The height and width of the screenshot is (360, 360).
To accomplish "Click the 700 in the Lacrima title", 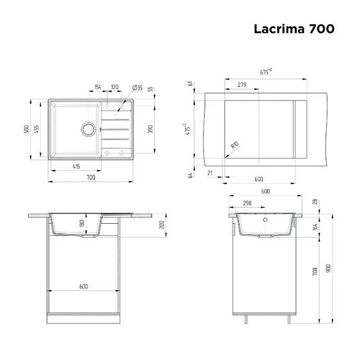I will tap(322, 29).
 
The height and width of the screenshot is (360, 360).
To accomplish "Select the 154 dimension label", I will tap(98, 87).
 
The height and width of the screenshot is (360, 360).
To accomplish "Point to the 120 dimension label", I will tap(115, 87).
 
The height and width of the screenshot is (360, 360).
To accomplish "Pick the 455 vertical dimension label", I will tap(36, 128).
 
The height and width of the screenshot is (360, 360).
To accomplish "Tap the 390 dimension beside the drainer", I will tap(150, 128).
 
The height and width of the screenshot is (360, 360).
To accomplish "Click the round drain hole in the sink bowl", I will tap(86, 129).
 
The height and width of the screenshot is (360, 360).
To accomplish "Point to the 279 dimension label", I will tap(242, 85).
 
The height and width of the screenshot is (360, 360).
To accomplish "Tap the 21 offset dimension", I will tap(210, 173).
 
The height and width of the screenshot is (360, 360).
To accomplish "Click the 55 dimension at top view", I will tap(150, 89).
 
